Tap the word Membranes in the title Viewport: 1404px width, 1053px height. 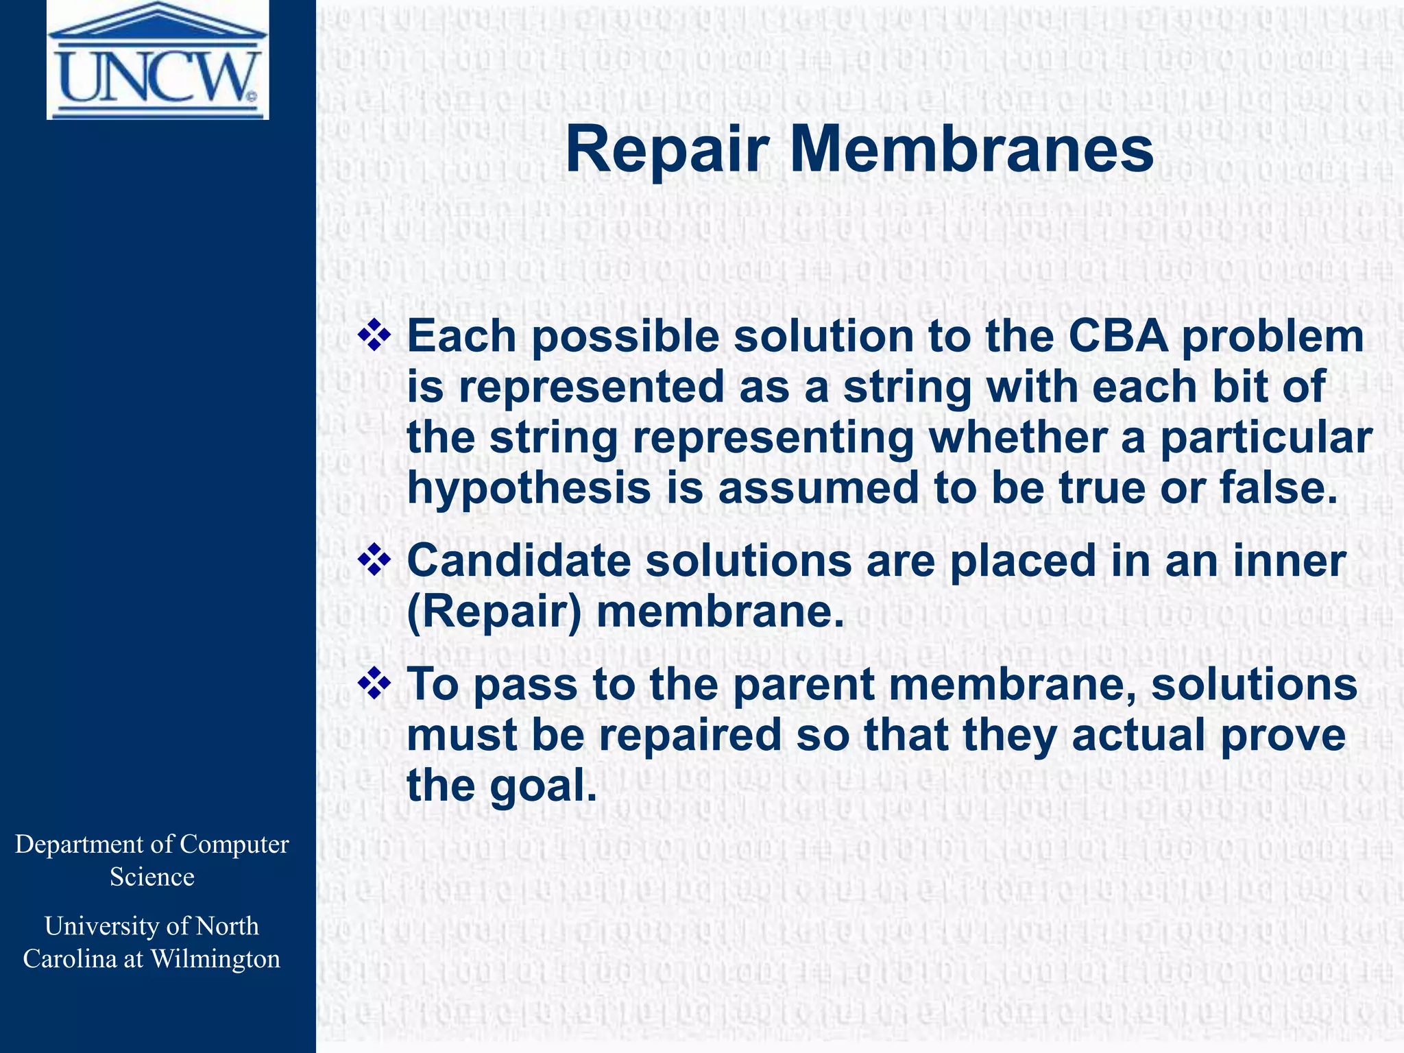click(971, 151)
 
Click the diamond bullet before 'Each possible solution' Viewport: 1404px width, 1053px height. click(374, 336)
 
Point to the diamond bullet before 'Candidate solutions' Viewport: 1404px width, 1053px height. click(374, 560)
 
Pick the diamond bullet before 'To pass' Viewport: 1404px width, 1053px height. click(374, 683)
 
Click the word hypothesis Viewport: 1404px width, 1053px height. click(528, 489)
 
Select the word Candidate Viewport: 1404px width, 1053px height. click(519, 560)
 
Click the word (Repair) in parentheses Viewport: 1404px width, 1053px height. click(494, 612)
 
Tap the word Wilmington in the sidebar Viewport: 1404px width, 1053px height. click(215, 958)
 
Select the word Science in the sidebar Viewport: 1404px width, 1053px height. click(152, 877)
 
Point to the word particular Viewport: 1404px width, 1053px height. click(1266, 438)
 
